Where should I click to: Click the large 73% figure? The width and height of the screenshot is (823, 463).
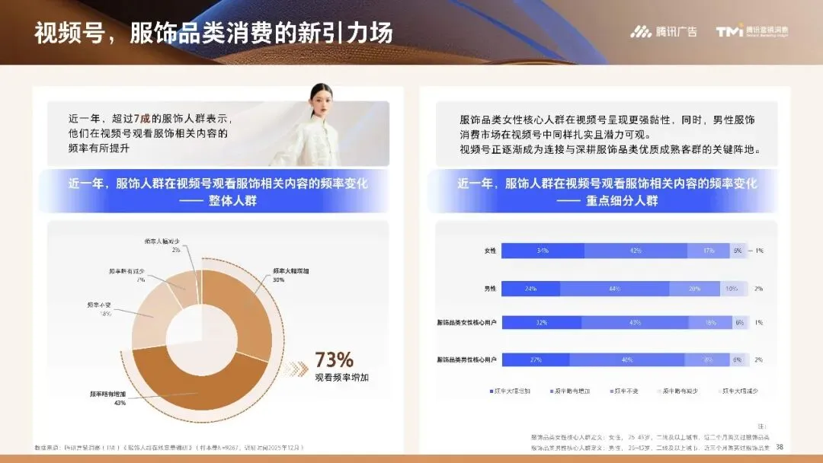(334, 359)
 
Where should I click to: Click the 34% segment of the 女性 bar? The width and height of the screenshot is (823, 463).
(543, 251)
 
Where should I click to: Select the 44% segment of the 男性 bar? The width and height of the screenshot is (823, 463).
(614, 289)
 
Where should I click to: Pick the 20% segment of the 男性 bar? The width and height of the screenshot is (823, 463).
(695, 289)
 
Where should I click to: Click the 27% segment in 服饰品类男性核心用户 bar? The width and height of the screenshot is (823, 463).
(535, 359)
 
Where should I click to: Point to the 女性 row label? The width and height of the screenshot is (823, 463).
(490, 251)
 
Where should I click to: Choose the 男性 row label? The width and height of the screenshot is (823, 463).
(490, 289)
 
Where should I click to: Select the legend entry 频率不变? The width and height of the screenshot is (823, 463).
(626, 391)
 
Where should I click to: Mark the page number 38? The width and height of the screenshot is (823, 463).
(780, 447)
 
